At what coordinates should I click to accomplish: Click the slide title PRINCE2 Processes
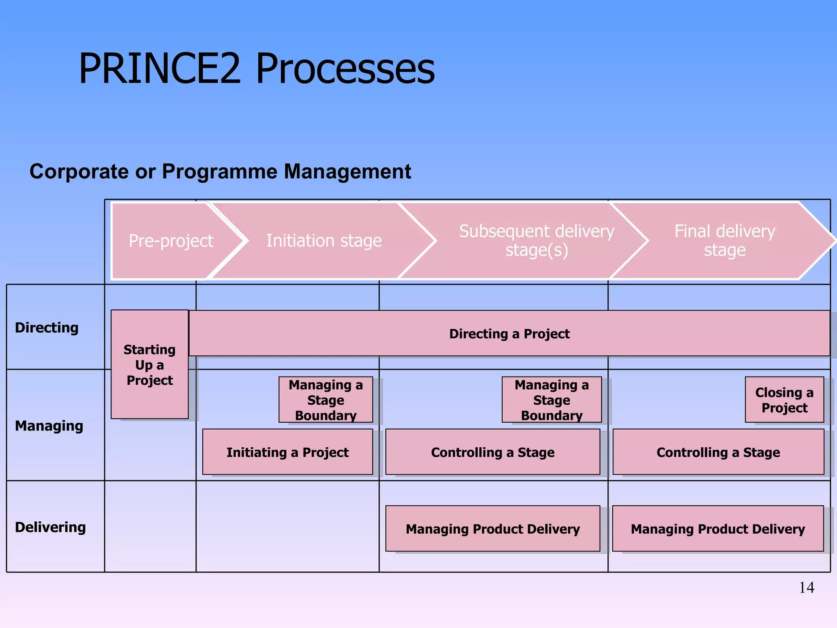pos(257,69)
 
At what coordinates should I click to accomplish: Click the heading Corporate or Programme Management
pos(220,171)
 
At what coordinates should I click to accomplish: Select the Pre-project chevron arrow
pos(171,241)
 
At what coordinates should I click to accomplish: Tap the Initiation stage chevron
pos(324,241)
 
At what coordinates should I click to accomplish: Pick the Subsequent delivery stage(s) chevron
pos(536,241)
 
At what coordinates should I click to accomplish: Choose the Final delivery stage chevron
pos(724,241)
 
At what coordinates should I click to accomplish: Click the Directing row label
pos(47,327)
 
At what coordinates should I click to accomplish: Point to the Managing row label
pos(49,426)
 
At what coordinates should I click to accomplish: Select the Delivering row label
pos(50,527)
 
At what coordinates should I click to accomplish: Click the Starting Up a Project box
pos(150,365)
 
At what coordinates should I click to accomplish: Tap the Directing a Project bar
pos(509,334)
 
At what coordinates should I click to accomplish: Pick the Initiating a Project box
pos(287,452)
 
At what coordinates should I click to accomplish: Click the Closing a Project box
pos(784,400)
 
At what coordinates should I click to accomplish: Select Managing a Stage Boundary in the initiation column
pos(326,400)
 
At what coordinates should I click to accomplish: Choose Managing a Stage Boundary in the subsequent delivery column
pos(551,400)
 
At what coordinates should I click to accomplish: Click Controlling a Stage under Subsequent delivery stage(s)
pos(492,452)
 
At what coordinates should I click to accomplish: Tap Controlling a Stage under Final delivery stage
pos(718,452)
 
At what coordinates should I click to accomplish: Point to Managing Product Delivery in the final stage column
pos(718,529)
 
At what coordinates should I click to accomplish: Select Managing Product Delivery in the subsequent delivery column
pos(492,529)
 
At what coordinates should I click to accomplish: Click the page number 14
pos(806,588)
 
